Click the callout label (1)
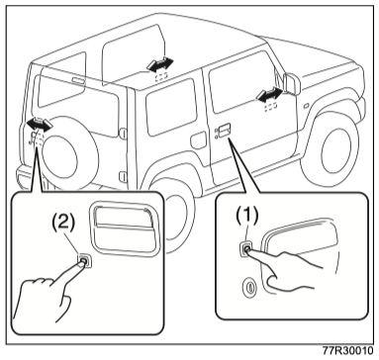click(x=247, y=216)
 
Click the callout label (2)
click(x=63, y=224)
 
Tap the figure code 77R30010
click(x=347, y=351)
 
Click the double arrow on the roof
click(x=160, y=64)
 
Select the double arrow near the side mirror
click(x=270, y=94)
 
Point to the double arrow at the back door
click(x=40, y=125)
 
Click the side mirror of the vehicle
click(x=291, y=83)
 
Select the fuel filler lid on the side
click(x=199, y=140)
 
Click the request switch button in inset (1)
click(x=246, y=249)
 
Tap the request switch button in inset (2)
click(x=84, y=261)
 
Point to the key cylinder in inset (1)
click(x=249, y=287)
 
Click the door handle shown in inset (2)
click(x=125, y=229)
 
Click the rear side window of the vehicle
click(x=171, y=106)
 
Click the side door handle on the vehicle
click(x=223, y=130)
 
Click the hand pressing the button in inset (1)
click(x=289, y=268)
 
